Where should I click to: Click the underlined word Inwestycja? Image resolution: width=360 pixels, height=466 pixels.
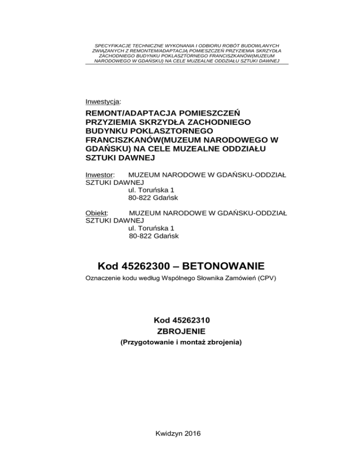coord(103,101)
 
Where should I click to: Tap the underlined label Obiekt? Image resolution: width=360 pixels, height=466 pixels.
coord(97,212)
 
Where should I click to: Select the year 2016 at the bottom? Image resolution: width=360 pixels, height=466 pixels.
coord(192,433)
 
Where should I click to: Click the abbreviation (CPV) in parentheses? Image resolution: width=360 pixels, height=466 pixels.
coord(265,279)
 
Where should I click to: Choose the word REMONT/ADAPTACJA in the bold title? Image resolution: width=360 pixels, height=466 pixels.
coord(127,113)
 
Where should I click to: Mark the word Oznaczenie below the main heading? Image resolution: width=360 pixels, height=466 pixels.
coord(103,279)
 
